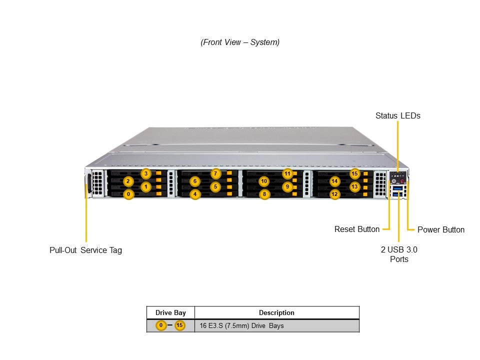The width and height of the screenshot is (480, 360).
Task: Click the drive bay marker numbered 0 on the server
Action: click(128, 194)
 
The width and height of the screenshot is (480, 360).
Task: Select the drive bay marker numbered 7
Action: click(215, 174)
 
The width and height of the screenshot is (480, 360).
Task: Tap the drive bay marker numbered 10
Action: click(264, 181)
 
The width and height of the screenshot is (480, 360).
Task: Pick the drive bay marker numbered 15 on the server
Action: click(354, 174)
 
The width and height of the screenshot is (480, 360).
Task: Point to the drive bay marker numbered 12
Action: click(335, 194)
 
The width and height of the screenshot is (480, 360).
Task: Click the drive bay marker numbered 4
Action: click(195, 194)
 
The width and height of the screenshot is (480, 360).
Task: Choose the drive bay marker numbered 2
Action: click(128, 181)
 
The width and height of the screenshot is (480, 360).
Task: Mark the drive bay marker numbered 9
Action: click(287, 187)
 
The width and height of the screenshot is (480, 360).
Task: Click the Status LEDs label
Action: click(397, 115)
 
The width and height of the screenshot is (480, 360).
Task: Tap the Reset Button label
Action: click(356, 229)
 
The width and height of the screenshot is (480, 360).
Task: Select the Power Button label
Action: click(440, 230)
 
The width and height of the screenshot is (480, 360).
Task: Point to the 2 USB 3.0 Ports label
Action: click(398, 254)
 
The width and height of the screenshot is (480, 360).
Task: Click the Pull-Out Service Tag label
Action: click(85, 250)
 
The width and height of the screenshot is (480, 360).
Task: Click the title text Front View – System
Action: click(240, 42)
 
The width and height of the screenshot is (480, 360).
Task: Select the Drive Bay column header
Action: click(170, 312)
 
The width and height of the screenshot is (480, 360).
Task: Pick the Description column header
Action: click(276, 312)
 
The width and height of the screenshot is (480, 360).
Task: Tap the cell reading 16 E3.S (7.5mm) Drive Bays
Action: click(241, 326)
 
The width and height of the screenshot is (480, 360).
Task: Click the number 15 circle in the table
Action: click(179, 326)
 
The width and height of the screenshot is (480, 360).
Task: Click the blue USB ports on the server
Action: click(397, 191)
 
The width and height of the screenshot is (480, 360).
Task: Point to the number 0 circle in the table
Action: click(161, 326)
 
